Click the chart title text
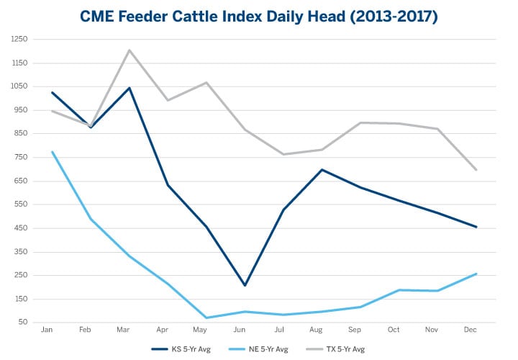(x=258, y=16)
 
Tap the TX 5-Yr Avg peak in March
(x=129, y=50)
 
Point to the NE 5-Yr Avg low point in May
(x=206, y=318)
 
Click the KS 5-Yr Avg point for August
(x=321, y=170)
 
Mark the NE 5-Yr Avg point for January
(x=52, y=151)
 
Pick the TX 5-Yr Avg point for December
(x=476, y=170)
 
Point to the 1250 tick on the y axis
(x=18, y=39)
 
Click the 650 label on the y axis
(x=19, y=181)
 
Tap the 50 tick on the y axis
(x=22, y=323)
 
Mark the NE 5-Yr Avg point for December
(x=476, y=274)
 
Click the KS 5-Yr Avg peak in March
(x=129, y=88)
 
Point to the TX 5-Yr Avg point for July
(x=283, y=154)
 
